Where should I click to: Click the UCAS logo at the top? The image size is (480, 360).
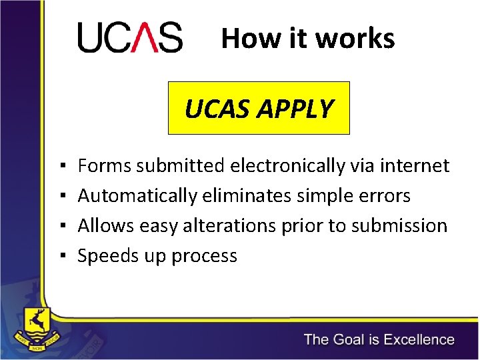130,37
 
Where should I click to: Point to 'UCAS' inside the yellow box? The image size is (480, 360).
214,109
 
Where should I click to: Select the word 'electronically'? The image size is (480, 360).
287,165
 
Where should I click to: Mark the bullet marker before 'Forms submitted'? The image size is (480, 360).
61,166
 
